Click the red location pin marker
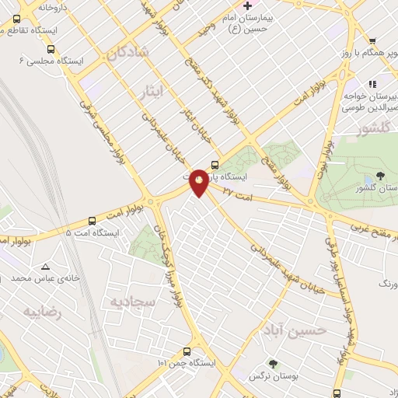click(x=200, y=182)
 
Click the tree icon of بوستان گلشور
click(x=380, y=176)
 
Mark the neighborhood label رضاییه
click(x=41, y=312)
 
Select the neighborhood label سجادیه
click(x=132, y=300)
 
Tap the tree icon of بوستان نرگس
click(x=272, y=364)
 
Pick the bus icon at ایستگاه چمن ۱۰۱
click(x=187, y=351)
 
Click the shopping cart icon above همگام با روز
click(x=372, y=41)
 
